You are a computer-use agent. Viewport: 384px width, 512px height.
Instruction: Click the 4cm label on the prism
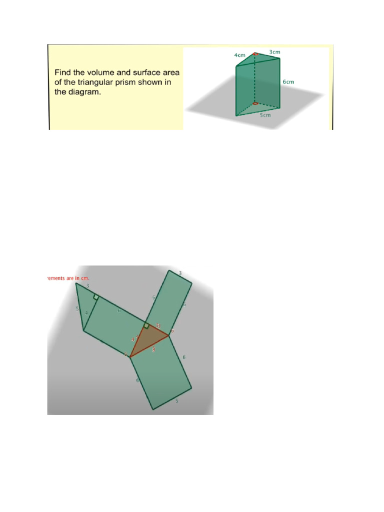[x=239, y=55]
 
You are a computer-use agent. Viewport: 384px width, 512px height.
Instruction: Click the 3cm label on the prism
[x=274, y=52]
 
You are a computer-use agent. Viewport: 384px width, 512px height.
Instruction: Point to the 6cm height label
[x=288, y=81]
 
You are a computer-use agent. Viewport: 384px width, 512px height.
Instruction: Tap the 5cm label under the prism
[x=264, y=114]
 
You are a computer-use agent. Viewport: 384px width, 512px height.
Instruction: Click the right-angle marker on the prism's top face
[x=255, y=54]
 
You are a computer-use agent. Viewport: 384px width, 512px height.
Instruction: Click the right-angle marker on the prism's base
[x=255, y=103]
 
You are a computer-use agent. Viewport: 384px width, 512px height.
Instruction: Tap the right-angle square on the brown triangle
[x=146, y=326]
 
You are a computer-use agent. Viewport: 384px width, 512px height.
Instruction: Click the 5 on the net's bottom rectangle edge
[x=176, y=401]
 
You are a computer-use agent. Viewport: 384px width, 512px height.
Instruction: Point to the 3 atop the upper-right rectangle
[x=180, y=273]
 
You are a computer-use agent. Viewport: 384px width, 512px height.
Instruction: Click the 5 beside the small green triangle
[x=77, y=309]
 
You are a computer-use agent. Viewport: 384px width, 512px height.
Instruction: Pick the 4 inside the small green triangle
[x=86, y=313]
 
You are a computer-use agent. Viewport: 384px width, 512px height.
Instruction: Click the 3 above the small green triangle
[x=87, y=286]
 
